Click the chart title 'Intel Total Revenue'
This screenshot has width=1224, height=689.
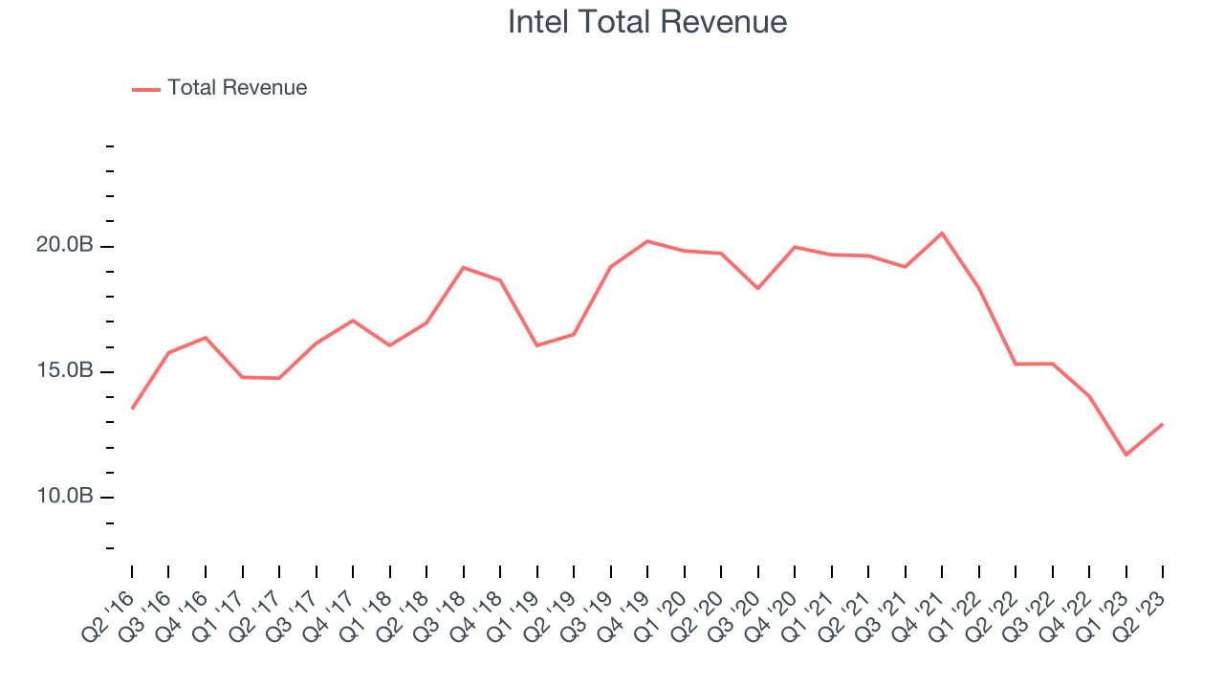(647, 22)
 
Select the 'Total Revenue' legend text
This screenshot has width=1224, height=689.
(237, 88)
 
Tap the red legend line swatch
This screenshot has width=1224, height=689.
(146, 89)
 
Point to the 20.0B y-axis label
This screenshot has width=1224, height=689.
(65, 246)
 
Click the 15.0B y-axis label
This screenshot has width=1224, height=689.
(65, 371)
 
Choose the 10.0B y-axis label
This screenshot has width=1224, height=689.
(65, 497)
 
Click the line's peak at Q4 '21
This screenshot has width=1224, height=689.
(942, 233)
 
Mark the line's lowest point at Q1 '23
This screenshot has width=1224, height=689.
(1126, 455)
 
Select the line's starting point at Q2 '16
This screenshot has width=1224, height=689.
(132, 409)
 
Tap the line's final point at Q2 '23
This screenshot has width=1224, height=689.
(1162, 424)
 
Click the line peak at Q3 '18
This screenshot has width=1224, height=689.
(463, 267)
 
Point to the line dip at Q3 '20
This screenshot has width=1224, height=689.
(757, 288)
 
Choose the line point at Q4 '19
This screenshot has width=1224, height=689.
(647, 241)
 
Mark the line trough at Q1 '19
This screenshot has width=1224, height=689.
(536, 345)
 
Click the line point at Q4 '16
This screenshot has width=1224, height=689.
(206, 337)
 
